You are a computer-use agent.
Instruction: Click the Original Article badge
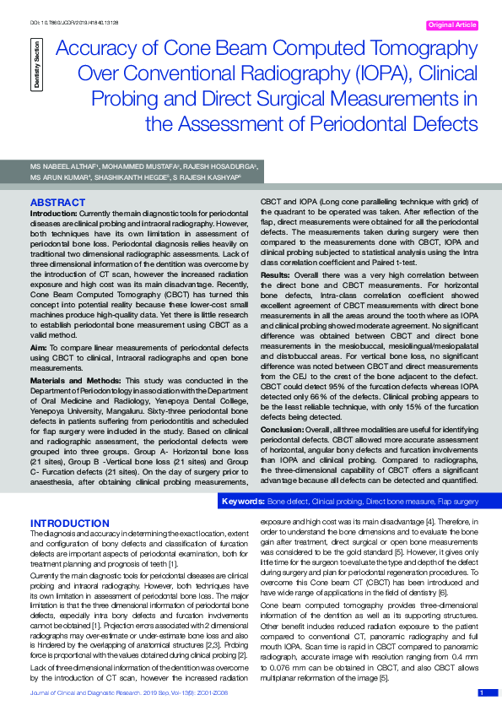[x=452, y=25]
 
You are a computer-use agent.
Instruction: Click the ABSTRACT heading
[x=57, y=203]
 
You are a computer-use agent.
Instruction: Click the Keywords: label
[x=242, y=502]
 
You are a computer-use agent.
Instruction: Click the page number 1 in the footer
[x=481, y=693]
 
